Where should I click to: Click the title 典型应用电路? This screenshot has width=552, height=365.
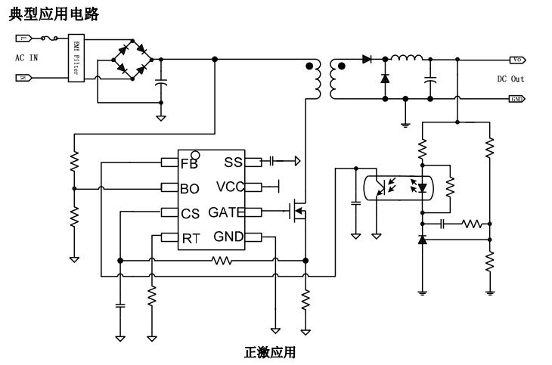tap(52, 14)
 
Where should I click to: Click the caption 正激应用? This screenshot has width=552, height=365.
tap(270, 353)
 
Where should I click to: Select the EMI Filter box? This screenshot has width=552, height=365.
tap(76, 57)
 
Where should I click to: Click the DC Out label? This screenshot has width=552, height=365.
tap(510, 79)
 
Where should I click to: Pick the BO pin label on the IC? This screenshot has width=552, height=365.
tap(190, 189)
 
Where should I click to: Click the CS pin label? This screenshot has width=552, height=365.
tap(191, 214)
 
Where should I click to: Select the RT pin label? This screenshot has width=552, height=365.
tap(190, 239)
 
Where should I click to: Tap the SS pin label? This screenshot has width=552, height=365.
tap(233, 162)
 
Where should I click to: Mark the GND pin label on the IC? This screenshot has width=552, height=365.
tap(228, 237)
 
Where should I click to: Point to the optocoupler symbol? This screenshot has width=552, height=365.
tap(397, 187)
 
